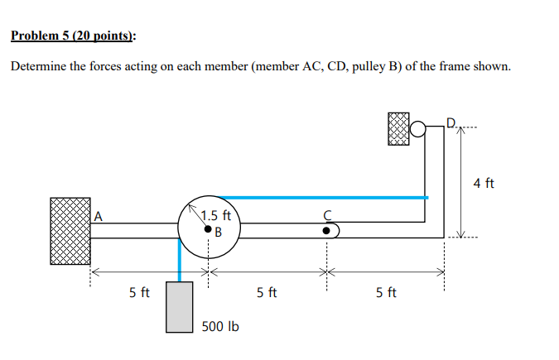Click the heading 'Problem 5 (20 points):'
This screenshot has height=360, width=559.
coord(74,36)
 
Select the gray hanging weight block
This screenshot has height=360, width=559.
coord(180,306)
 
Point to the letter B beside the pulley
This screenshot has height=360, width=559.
coord(219,231)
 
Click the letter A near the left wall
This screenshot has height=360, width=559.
coord(98,216)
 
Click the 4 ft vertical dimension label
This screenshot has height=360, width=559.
coord(484,182)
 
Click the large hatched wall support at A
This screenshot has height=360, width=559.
coord(70,231)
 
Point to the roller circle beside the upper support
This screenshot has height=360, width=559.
coord(419,128)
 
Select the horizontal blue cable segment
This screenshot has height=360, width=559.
coord(323,198)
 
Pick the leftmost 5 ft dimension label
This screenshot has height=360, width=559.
coord(140,292)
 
